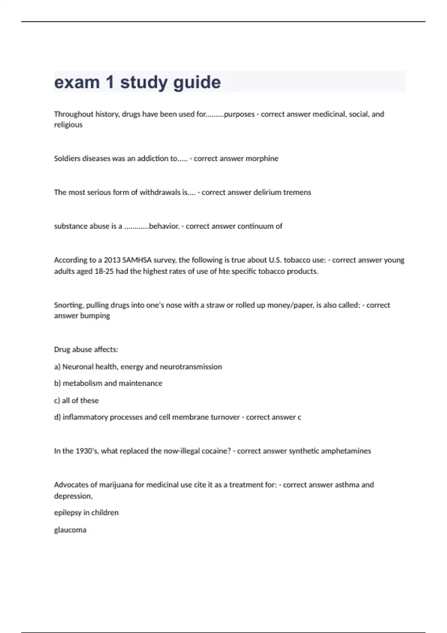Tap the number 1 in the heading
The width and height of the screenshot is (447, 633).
click(110, 82)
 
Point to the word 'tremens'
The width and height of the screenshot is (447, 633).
click(297, 193)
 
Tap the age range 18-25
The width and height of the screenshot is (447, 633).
click(104, 271)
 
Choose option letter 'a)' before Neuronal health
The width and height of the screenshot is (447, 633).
click(57, 367)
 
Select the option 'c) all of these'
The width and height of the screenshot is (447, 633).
click(76, 401)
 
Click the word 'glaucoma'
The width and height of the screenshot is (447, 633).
click(70, 530)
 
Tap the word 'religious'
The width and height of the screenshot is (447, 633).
click(68, 125)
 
